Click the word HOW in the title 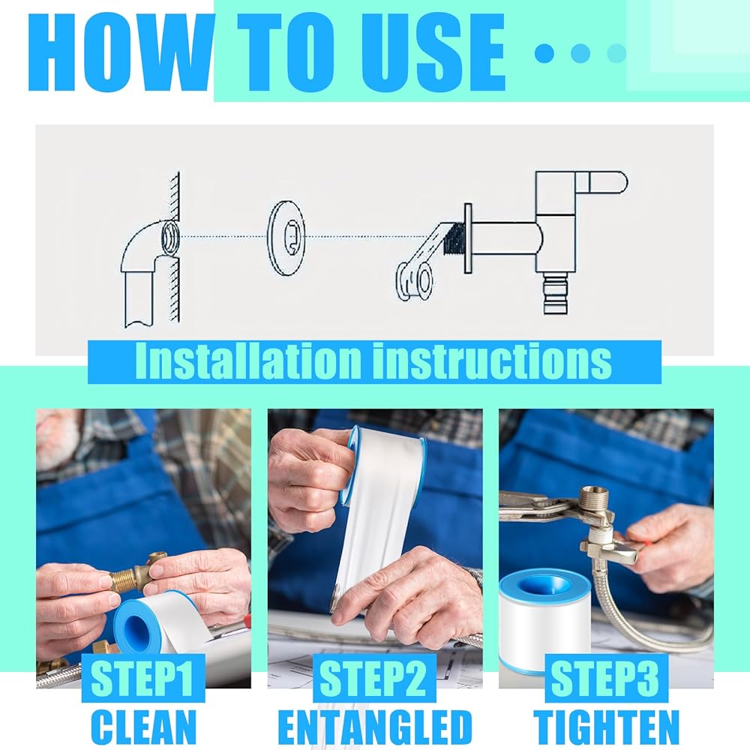coord(119,52)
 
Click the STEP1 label coord(142,678)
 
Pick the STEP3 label coord(605,678)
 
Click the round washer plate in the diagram coord(286,238)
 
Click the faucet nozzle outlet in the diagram coord(556,294)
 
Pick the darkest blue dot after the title coord(544,52)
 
